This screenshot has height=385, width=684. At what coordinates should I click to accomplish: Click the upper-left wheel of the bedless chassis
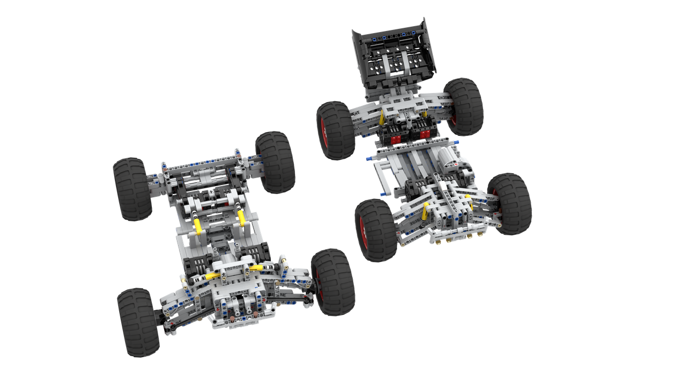(x=132, y=189)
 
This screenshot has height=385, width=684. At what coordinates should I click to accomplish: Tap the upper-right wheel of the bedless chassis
(x=275, y=162)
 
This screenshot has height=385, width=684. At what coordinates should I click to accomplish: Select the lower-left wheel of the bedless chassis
(x=138, y=322)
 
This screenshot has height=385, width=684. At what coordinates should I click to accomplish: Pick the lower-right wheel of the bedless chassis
(x=333, y=282)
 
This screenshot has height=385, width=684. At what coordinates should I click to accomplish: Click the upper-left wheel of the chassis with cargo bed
(x=336, y=130)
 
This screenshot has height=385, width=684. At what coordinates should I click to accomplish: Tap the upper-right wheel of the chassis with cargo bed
(x=465, y=106)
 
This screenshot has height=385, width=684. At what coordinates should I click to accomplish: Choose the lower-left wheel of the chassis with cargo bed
(x=376, y=230)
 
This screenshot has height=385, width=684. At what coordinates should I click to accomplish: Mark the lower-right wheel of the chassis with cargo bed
(x=511, y=204)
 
